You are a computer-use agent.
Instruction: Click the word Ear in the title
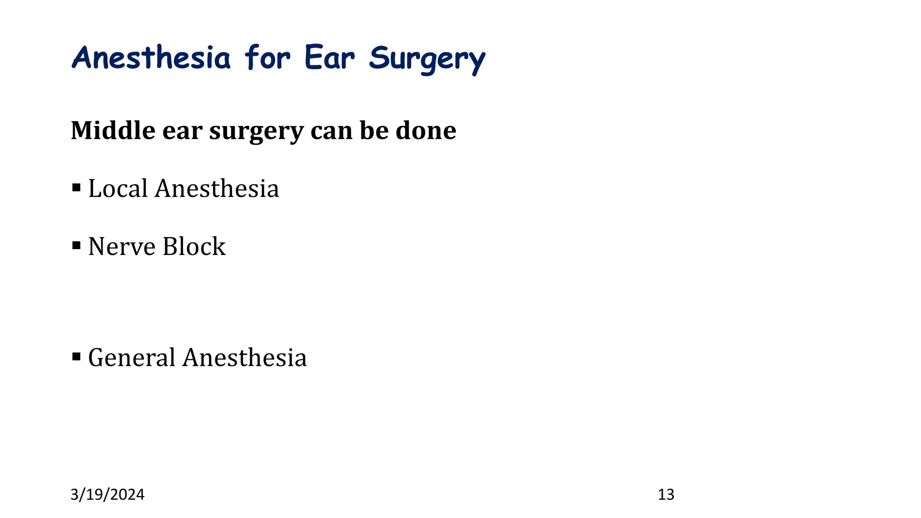pos(330,58)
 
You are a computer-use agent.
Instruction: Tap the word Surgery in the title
pos(427,60)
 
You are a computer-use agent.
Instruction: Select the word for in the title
pos(268,58)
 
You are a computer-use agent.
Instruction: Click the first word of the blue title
pos(151,58)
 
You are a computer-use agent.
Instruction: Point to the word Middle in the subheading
pos(113,130)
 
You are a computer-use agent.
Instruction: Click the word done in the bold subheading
pos(426,130)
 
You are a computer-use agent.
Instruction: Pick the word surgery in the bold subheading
pos(256,131)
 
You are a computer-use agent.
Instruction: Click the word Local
pos(118,188)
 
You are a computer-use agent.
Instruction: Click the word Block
pos(194,246)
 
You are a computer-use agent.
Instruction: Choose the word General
pos(131,358)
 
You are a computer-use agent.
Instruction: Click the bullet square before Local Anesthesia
pos(76,187)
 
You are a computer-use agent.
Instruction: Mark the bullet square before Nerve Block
pos(76,245)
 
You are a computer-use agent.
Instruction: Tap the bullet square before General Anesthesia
pos(76,357)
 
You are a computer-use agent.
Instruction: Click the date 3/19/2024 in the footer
pos(107,495)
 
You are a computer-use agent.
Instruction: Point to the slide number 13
pos(666,495)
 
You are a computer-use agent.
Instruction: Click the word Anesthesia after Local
pos(217,188)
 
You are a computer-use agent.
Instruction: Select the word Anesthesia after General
pos(245,358)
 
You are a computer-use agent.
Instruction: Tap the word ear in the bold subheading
pos(182,131)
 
